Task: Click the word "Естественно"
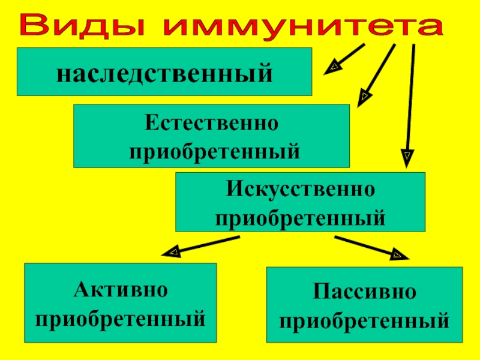(x=211, y=124)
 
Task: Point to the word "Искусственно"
(x=300, y=191)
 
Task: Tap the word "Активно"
(x=120, y=290)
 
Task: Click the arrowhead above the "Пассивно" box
(x=397, y=254)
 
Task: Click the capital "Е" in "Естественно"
(x=150, y=124)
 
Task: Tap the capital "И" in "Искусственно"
(x=233, y=191)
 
